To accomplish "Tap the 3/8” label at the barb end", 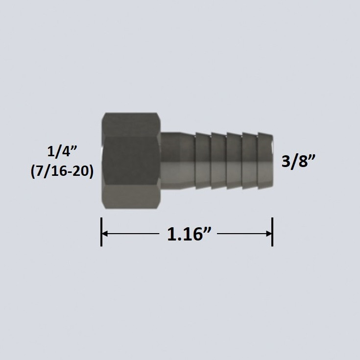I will (x=297, y=161).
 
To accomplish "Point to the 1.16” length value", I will (x=186, y=234).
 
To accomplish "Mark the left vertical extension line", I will (x=101, y=232).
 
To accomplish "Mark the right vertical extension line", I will (x=272, y=232).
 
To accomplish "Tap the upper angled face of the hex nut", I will (x=131, y=126).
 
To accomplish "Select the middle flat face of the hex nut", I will (x=131, y=161).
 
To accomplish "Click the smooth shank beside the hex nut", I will (x=177, y=161).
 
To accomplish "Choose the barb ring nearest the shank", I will (x=203, y=161).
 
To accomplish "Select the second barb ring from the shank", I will (x=218, y=161).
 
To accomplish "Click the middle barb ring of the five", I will (x=234, y=161).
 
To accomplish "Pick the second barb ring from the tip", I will (x=250, y=161).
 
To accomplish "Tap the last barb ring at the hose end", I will (x=265, y=161).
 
